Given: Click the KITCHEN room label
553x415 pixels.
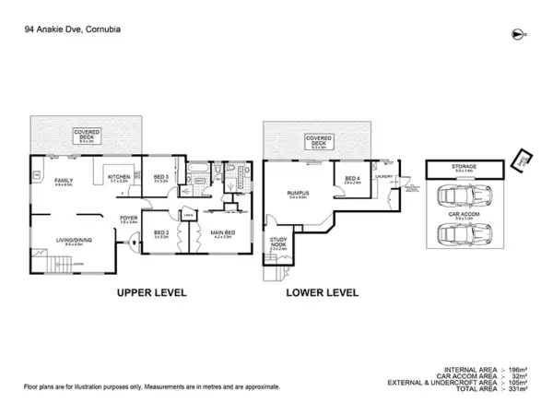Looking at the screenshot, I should pyautogui.click(x=119, y=176).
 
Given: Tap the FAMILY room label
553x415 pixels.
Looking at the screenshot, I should pyautogui.click(x=64, y=180).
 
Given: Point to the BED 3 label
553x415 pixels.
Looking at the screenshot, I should pyautogui.click(x=160, y=176).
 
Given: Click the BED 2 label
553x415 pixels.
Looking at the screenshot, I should pyautogui.click(x=160, y=232).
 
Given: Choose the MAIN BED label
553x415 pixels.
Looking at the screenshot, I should pyautogui.click(x=222, y=232).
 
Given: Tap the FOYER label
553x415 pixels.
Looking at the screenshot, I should pyautogui.click(x=127, y=218).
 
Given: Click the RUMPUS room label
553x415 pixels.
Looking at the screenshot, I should pyautogui.click(x=298, y=192).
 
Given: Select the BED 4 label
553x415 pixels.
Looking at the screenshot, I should pyautogui.click(x=352, y=179).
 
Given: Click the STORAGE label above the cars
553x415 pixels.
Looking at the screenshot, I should pyautogui.click(x=464, y=167).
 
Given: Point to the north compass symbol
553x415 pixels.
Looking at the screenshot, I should pyautogui.click(x=514, y=34).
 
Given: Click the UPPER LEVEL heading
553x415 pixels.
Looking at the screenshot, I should pyautogui.click(x=151, y=292).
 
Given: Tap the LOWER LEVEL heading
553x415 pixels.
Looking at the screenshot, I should pyautogui.click(x=323, y=292).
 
